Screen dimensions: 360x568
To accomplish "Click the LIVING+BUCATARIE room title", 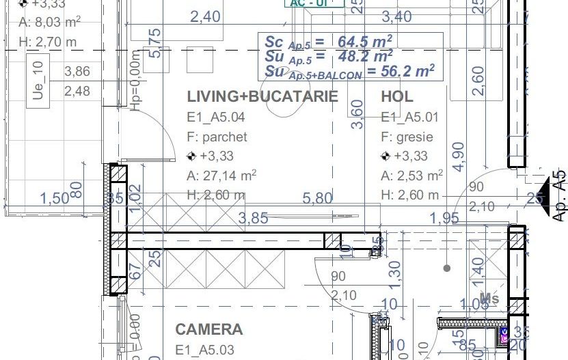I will tap(262, 96).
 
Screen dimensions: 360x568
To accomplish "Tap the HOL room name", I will tap(396, 96).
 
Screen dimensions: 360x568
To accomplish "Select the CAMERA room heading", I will tap(209, 329).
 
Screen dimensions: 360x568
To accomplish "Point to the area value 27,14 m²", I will tap(221, 176).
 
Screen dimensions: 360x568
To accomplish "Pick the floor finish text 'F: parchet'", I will tap(217, 137).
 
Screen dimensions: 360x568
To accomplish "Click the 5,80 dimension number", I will tap(319, 198).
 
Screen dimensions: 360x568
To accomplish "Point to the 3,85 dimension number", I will tap(252, 218).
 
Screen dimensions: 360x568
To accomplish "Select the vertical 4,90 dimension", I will tap(458, 156).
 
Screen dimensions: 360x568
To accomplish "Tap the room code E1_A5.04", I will tap(215, 117).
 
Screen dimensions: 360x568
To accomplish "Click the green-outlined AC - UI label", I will tap(315, 3).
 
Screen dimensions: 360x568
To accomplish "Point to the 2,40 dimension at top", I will tap(204, 16).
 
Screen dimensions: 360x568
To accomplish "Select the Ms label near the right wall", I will tap(489, 298).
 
